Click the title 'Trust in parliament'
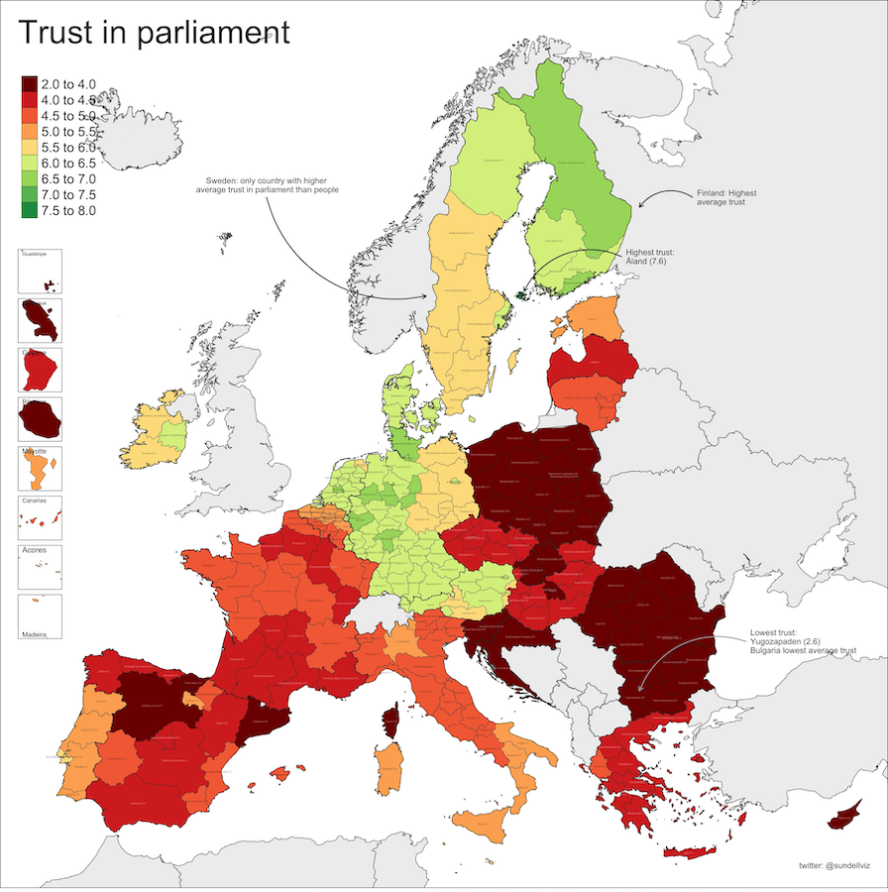[x=154, y=32]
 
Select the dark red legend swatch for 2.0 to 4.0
[x=30, y=86]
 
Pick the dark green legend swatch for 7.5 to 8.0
[x=30, y=210]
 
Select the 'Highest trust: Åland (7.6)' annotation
[x=663, y=259]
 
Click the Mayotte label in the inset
[x=35, y=451]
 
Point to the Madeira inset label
[x=36, y=632]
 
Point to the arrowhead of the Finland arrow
[x=640, y=206]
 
